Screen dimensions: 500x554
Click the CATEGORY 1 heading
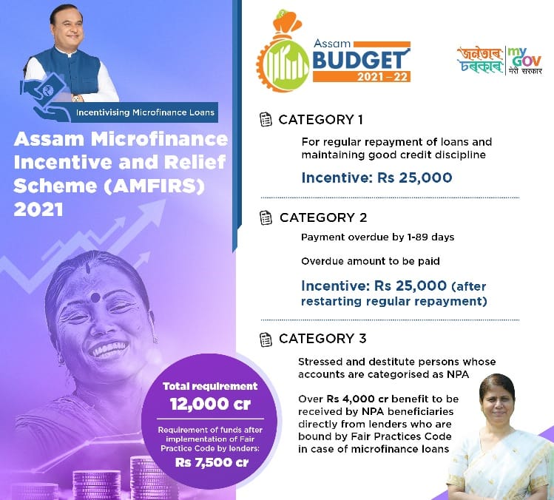[320, 119]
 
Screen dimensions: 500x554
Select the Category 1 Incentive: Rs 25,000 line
[376, 178]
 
